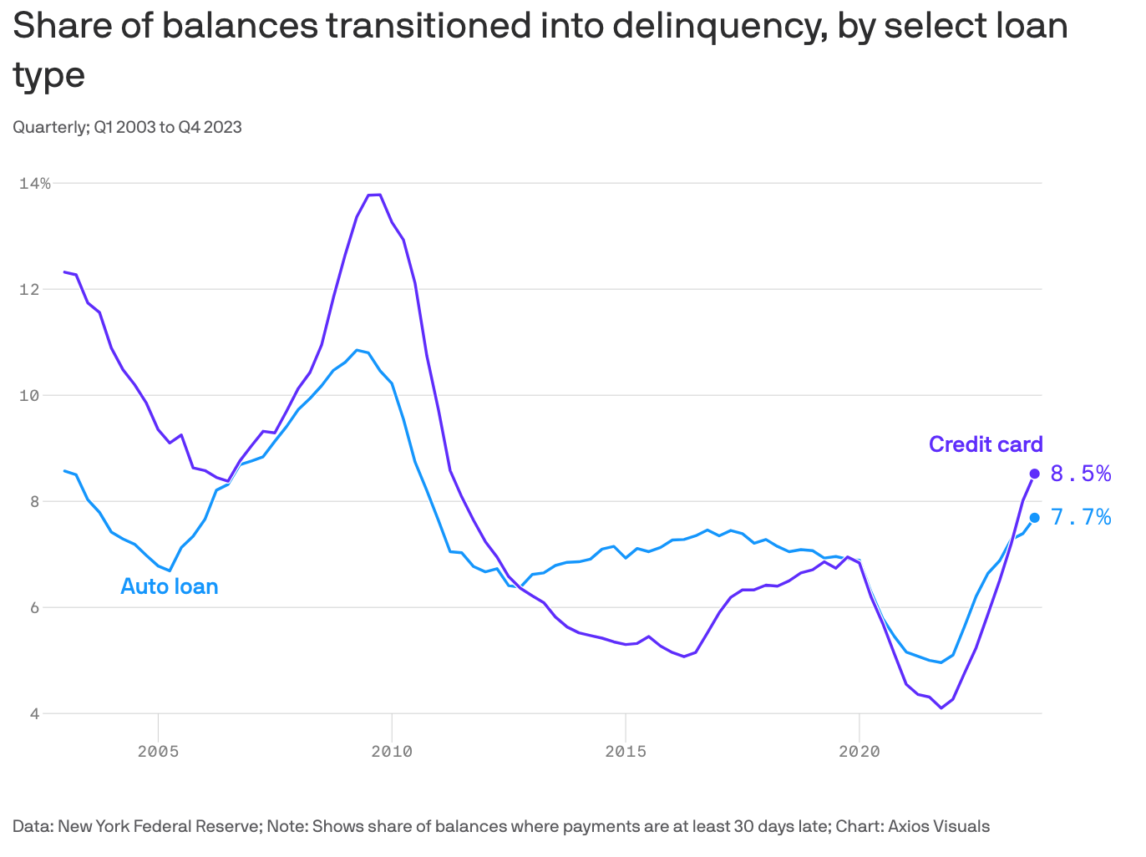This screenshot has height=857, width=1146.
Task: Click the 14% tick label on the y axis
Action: coord(34,183)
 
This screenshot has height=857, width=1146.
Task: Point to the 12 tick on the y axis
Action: coord(29,289)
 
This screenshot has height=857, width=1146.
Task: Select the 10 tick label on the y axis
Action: coord(29,395)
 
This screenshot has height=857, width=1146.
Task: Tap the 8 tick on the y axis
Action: coord(34,501)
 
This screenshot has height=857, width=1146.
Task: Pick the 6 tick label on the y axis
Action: coord(34,607)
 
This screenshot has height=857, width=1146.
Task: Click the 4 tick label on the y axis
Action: coord(34,713)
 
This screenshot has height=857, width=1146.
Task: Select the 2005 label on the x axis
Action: coord(158,751)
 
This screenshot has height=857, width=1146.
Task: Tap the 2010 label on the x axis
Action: coord(392,751)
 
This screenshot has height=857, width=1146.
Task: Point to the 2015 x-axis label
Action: coord(626,751)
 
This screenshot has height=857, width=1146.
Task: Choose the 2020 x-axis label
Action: coord(859,751)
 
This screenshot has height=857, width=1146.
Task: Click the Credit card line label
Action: coord(986,444)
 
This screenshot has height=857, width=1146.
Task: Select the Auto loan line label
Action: coord(170,586)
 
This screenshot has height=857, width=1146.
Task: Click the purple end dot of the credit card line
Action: coord(1034,474)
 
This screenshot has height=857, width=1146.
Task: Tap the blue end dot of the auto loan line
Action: coord(1034,517)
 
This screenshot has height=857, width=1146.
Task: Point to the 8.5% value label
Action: coord(1081,474)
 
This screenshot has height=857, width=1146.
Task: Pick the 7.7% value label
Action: coord(1081,517)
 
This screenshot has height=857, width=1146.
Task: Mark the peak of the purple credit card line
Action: coord(375,195)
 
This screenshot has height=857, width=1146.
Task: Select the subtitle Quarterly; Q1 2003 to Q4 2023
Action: coord(128,127)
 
